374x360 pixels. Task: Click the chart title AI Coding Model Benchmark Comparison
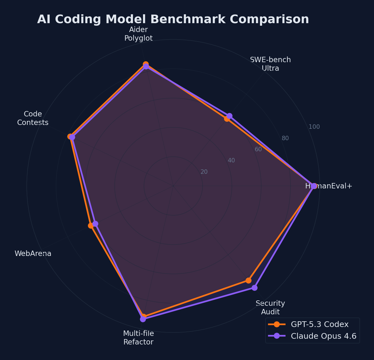click(173, 19)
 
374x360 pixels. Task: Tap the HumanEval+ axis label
click(329, 186)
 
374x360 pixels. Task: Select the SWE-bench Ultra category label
click(270, 64)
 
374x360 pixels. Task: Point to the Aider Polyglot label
click(138, 34)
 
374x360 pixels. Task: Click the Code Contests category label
click(33, 118)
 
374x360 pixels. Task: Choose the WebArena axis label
click(33, 254)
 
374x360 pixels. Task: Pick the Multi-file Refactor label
click(138, 338)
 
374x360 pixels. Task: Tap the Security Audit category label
click(270, 308)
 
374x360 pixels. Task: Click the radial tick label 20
click(204, 172)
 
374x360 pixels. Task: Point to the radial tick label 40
click(231, 160)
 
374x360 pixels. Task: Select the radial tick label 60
click(258, 149)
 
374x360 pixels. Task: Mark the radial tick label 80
click(285, 138)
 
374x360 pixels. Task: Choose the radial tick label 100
click(314, 127)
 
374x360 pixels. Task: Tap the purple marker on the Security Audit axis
click(254, 288)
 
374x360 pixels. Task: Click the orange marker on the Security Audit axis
click(248, 280)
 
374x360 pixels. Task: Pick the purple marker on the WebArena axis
click(95, 224)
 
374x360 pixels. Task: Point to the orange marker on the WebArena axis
click(91, 226)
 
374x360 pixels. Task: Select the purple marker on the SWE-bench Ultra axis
click(229, 116)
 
